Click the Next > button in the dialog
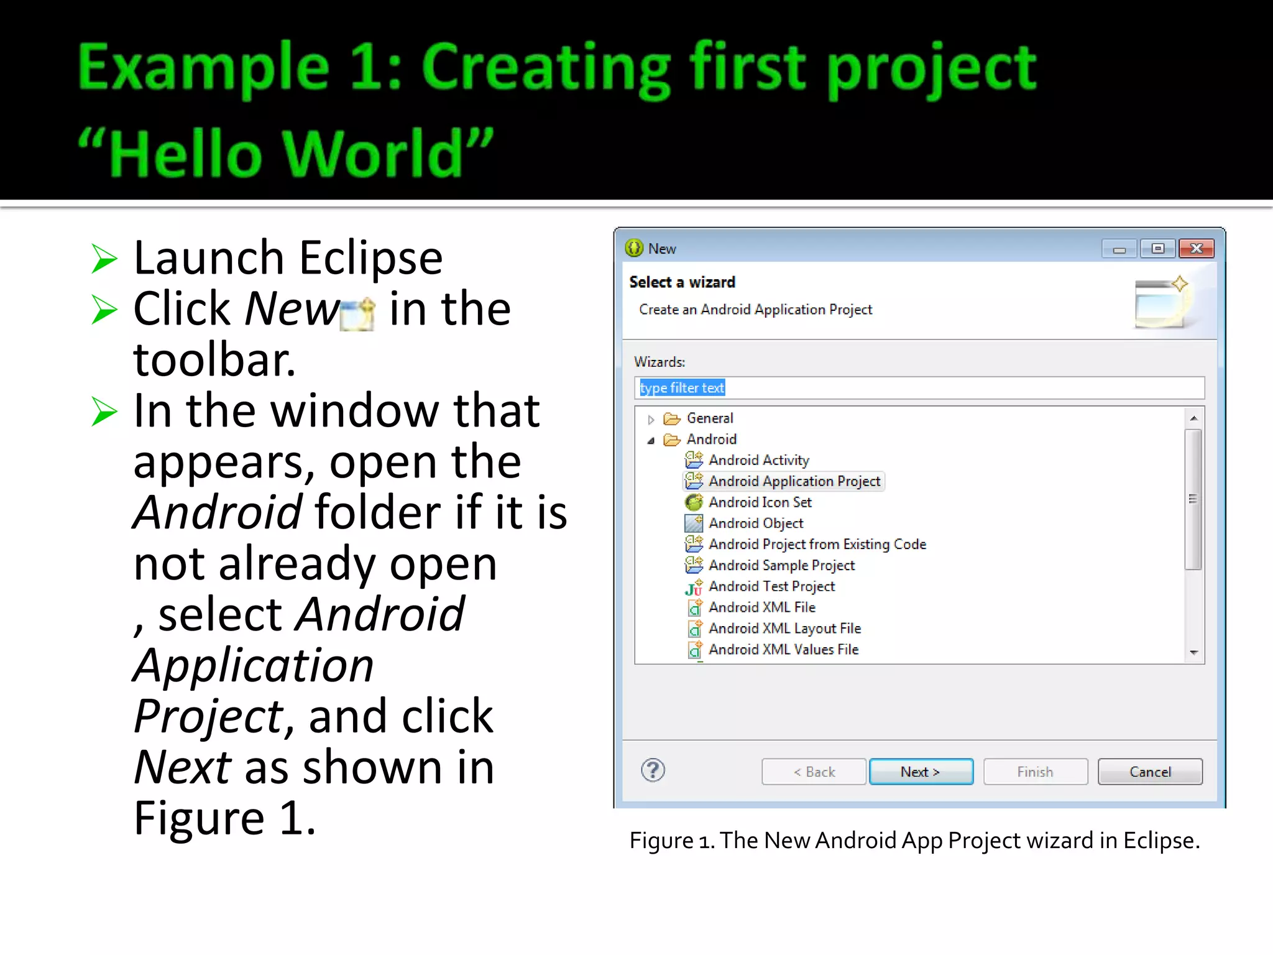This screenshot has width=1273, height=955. pyautogui.click(x=921, y=772)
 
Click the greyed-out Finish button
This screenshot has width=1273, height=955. pyautogui.click(x=1035, y=772)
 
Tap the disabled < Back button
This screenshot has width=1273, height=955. pyautogui.click(x=814, y=772)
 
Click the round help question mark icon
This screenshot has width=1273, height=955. pyautogui.click(x=653, y=770)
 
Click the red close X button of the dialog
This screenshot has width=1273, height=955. pyautogui.click(x=1196, y=249)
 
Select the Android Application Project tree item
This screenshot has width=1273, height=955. pyautogui.click(x=794, y=481)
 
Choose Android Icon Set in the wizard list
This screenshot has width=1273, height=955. pyautogui.click(x=760, y=502)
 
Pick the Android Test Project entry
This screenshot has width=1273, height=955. pyautogui.click(x=771, y=586)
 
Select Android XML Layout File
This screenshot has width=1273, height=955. pyautogui.click(x=784, y=629)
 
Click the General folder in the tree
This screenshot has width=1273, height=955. pyautogui.click(x=709, y=418)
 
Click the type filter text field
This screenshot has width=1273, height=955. pyautogui.click(x=919, y=388)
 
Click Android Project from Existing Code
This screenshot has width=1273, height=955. pyautogui.click(x=817, y=545)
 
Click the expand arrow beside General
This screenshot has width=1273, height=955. pyautogui.click(x=651, y=420)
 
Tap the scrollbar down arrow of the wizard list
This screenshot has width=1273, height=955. pyautogui.click(x=1193, y=652)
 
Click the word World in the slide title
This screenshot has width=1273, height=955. pyautogui.click(x=372, y=154)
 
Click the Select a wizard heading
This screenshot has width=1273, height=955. pyautogui.click(x=682, y=282)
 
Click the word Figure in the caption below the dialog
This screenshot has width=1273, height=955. pyautogui.click(x=661, y=841)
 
